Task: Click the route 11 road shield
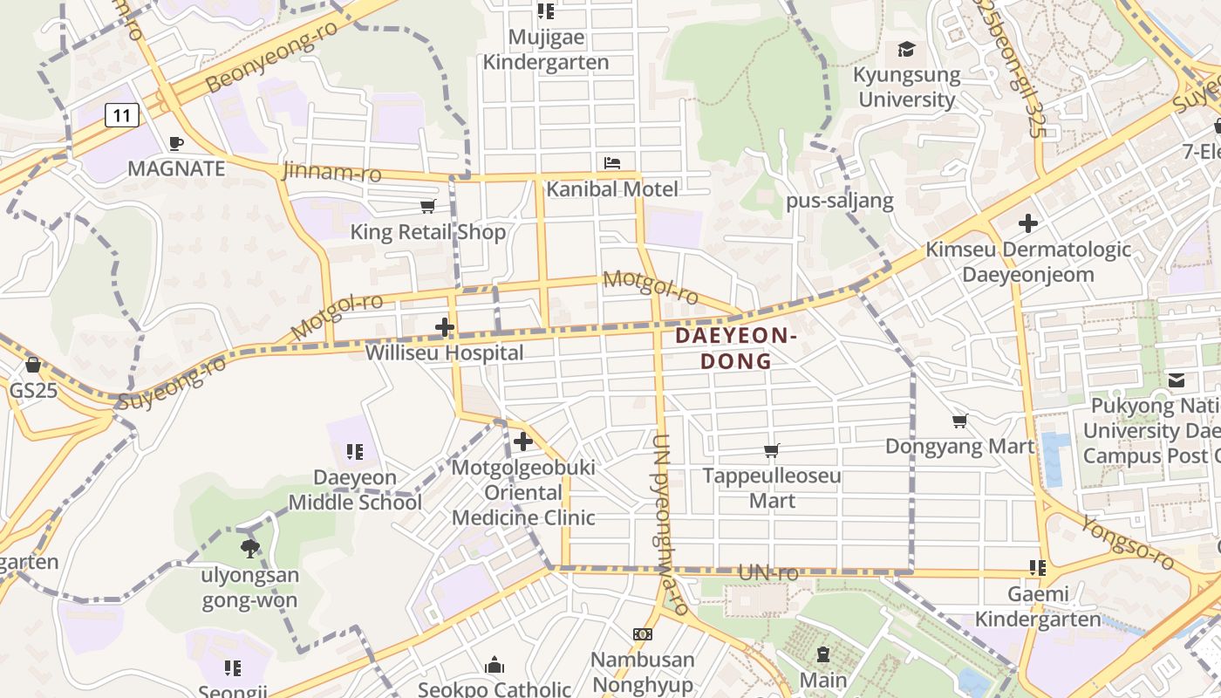point(122,114)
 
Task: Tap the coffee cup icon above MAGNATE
point(176,143)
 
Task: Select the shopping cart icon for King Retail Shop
point(427,207)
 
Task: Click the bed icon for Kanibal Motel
point(612,163)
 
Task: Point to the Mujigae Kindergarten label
point(546,51)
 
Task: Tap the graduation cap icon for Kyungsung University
point(907,50)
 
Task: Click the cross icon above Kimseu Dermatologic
point(1028,223)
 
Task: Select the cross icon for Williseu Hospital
point(445,328)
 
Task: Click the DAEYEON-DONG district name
point(737,348)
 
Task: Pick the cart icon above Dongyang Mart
point(960,421)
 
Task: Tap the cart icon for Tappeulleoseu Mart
point(772,451)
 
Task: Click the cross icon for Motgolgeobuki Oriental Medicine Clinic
point(523,441)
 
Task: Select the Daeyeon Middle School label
point(355,490)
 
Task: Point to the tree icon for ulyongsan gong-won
point(250,549)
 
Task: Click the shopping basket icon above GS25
point(33,365)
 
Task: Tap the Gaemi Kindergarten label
point(1038,606)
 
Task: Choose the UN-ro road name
point(767,573)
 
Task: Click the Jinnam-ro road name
point(331,171)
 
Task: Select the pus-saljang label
point(840,202)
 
